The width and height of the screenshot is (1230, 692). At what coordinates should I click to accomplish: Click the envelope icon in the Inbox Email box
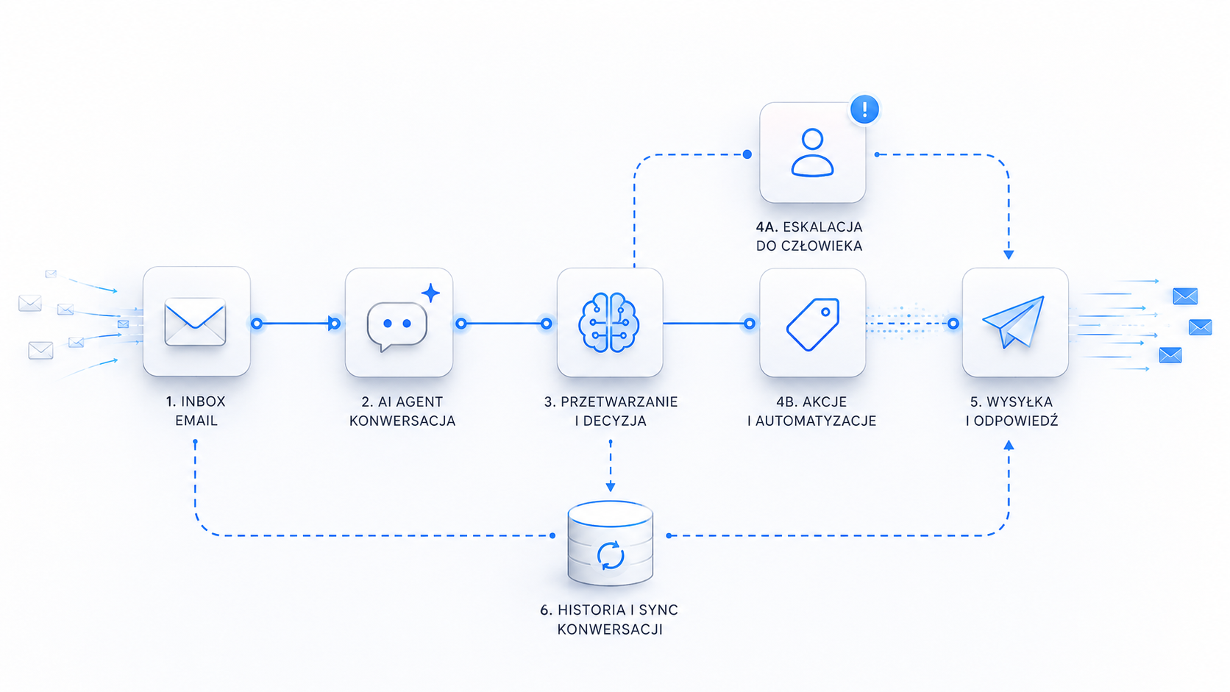coord(195,322)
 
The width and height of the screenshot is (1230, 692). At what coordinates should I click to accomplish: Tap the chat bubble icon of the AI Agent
coord(397,326)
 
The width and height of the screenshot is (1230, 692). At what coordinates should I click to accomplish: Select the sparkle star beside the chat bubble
coord(431,293)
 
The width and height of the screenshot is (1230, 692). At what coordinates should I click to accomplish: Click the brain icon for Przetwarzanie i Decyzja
coord(609,322)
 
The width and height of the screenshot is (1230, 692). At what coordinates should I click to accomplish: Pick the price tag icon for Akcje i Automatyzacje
coord(813,324)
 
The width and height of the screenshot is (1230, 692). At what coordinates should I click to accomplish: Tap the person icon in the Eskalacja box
coord(812,152)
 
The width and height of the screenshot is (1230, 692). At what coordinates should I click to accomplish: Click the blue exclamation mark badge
coord(864,110)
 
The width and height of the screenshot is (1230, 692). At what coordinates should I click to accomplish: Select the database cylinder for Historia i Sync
coord(610,543)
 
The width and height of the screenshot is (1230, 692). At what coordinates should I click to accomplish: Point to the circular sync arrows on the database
coord(610,555)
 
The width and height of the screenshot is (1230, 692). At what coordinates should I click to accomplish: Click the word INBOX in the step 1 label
coord(203,402)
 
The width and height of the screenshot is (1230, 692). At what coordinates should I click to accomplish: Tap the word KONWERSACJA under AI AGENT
coord(402,421)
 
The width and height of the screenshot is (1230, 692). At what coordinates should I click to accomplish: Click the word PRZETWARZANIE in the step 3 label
coord(619,402)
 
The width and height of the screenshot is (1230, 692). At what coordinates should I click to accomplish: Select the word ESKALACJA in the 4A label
coord(822,227)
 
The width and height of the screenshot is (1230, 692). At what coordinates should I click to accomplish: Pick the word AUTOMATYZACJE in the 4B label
coord(816,421)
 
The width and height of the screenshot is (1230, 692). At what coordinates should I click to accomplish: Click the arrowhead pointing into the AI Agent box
coord(333,324)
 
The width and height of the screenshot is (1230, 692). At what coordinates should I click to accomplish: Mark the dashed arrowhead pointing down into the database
coord(610,487)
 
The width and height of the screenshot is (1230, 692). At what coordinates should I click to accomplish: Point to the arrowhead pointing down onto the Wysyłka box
coord(1009,254)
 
